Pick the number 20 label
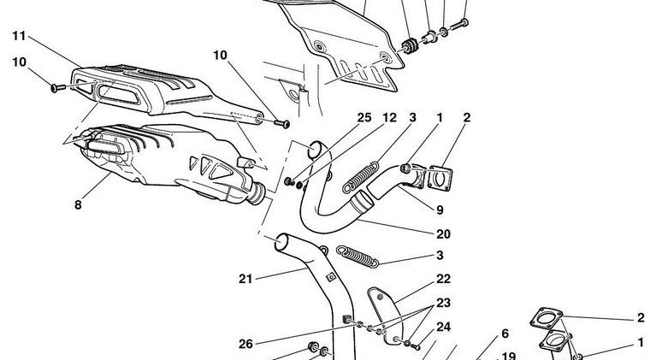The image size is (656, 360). point(443,233)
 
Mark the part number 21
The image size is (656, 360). point(245,279)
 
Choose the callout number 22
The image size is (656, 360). point(443,279)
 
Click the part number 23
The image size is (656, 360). point(443,302)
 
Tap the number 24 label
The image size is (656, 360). point(443,326)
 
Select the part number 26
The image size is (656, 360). point(245,344)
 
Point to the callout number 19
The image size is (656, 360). point(507,356)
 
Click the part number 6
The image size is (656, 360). point(505,334)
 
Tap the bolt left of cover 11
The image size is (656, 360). point(57,86)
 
